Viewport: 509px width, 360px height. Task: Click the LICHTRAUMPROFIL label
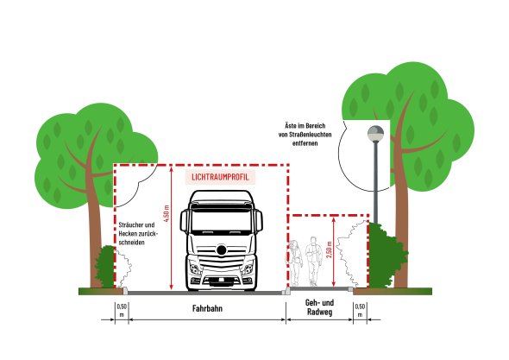click(220, 177)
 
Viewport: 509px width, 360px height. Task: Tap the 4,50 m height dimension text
click(167, 213)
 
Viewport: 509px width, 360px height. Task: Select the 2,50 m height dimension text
click(330, 249)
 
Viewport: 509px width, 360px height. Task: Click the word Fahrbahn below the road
click(207, 308)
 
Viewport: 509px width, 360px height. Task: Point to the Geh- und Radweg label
click(319, 307)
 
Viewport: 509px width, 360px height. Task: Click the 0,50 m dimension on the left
click(122, 310)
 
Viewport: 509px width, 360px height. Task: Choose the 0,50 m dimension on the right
click(360, 310)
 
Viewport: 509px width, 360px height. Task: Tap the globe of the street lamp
click(375, 134)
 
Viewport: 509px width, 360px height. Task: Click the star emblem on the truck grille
click(222, 250)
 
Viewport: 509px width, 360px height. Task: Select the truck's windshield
click(222, 221)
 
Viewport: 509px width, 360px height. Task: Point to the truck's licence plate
click(222, 280)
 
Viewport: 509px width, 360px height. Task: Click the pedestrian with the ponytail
click(295, 262)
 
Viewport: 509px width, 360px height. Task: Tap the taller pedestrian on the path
click(313, 261)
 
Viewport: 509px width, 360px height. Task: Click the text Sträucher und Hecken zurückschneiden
click(136, 233)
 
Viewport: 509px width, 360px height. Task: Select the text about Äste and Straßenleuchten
click(305, 134)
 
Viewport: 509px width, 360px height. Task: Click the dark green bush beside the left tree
click(105, 267)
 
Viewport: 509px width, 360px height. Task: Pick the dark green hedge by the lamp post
click(386, 256)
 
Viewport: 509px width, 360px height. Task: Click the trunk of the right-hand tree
click(401, 227)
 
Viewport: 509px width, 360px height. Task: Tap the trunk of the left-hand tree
click(97, 234)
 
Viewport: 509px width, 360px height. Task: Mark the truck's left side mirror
click(184, 221)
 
